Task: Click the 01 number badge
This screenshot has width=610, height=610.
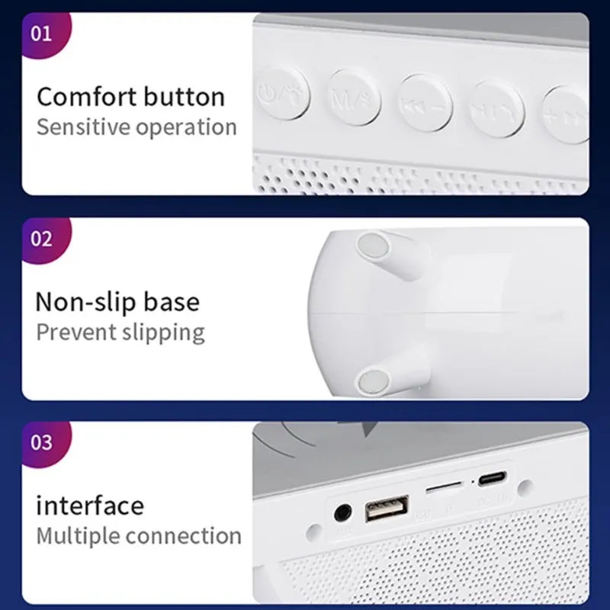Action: click(42, 34)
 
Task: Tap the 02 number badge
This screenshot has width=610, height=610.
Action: click(42, 238)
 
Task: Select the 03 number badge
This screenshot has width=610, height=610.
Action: click(42, 441)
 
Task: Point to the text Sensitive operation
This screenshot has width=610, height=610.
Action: click(136, 127)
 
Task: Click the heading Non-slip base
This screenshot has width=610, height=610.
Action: click(117, 302)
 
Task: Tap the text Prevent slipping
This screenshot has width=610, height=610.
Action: click(120, 332)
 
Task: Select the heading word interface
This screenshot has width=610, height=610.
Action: click(90, 505)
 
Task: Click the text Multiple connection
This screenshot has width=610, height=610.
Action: click(139, 535)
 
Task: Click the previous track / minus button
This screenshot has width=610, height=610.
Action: click(425, 104)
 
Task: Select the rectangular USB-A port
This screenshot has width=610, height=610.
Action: click(387, 509)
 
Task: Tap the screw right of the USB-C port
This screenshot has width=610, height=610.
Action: click(524, 486)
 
